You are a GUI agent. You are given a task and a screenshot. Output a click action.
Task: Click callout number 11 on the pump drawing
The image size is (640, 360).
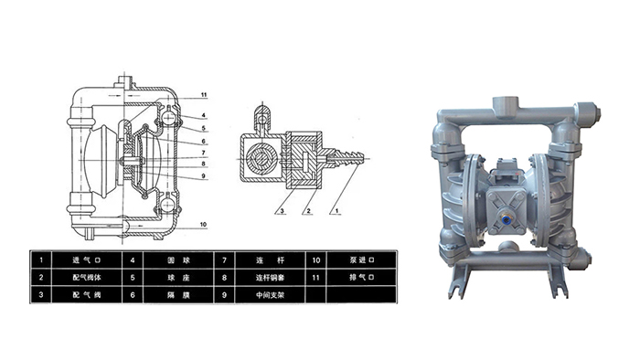205,95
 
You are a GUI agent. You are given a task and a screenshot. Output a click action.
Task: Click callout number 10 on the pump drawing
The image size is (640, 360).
205,224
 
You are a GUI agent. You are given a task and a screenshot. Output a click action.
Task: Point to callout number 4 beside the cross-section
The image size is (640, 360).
203,115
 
